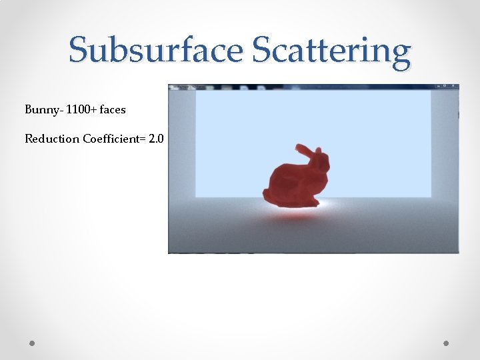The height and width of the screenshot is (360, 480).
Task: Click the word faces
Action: [x=113, y=109]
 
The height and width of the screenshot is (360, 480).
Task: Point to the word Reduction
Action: [x=52, y=139]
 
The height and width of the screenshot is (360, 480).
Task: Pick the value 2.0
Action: [x=157, y=139]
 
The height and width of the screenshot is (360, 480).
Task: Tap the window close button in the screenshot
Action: [x=455, y=87]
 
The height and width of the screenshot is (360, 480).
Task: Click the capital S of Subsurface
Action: [x=79, y=51]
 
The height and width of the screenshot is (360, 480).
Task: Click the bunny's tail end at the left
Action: [x=267, y=195]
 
